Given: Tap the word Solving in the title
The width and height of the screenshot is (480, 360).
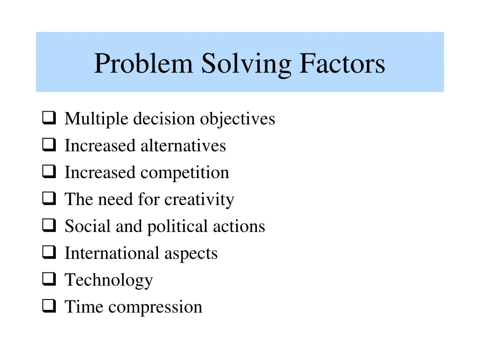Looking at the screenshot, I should (246, 64).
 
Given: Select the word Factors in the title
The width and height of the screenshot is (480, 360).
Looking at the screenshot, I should (342, 64).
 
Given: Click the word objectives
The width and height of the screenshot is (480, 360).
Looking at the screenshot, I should (237, 119).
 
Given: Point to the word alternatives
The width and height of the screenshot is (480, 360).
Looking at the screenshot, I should (183, 146).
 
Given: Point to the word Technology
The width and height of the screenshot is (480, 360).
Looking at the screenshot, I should (109, 280).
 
